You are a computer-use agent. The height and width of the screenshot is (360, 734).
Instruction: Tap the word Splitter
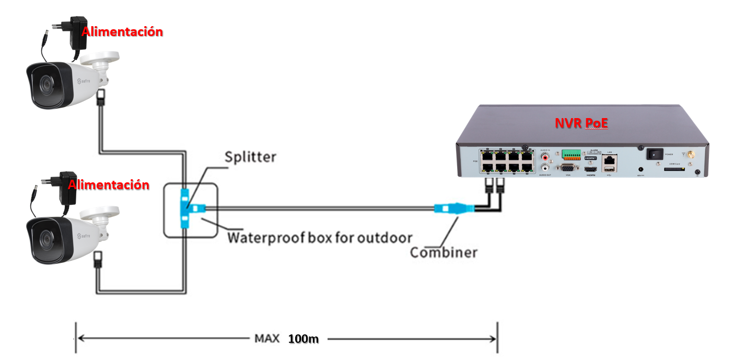click(250, 157)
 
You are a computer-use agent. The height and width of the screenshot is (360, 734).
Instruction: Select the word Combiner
click(443, 253)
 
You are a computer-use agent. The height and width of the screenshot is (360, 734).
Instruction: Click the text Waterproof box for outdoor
click(320, 238)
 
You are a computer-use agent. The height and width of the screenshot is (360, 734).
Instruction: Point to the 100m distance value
click(303, 339)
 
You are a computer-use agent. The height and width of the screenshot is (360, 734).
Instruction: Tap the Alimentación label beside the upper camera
click(122, 32)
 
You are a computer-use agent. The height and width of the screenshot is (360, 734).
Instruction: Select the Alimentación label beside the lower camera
click(109, 184)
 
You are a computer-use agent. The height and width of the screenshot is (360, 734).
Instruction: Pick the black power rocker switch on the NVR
click(655, 154)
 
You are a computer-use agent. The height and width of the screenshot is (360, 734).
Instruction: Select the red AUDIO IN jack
click(546, 156)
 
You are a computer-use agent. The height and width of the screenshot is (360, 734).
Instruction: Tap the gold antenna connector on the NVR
click(690, 155)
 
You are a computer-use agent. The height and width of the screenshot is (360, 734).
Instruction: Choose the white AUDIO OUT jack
click(546, 168)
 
